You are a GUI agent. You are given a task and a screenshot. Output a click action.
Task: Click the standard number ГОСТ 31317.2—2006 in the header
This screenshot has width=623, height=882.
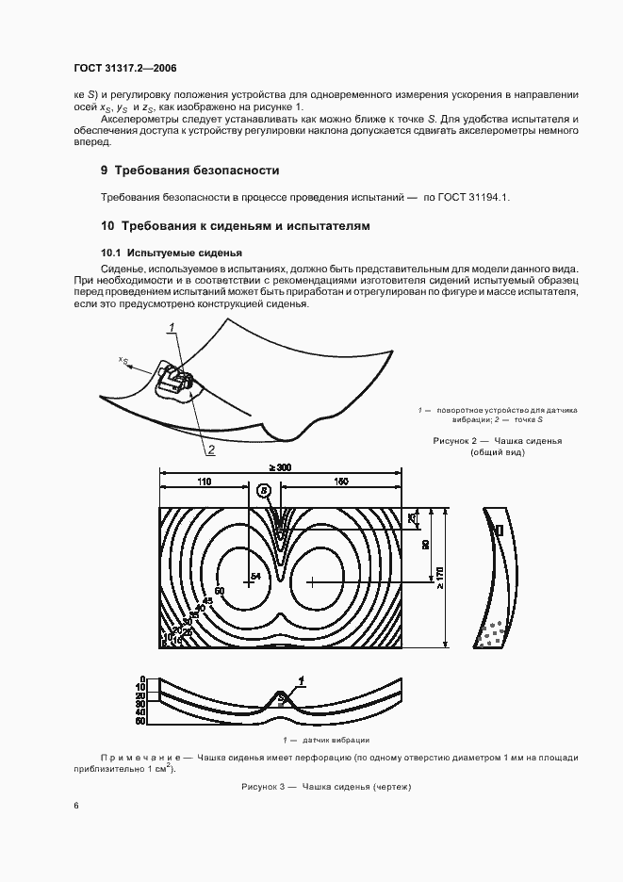point(124,68)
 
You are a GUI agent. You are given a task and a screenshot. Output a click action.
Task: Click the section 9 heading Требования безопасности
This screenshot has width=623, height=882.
point(189,171)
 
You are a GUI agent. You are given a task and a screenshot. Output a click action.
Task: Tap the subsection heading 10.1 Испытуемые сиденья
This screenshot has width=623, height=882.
point(172,253)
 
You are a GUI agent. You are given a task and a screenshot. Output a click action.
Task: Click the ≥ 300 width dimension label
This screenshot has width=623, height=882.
point(279,467)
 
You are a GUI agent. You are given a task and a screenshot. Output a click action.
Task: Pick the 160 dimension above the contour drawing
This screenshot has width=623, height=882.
point(340,481)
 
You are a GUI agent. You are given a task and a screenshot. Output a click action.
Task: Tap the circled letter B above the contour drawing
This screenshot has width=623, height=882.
point(265,491)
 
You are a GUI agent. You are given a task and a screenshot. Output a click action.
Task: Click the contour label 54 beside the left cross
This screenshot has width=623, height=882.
point(255,575)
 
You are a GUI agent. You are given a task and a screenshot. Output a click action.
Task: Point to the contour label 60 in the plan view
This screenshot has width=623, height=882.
point(220,591)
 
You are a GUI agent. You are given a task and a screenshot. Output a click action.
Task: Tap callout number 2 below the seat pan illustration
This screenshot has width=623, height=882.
point(211,449)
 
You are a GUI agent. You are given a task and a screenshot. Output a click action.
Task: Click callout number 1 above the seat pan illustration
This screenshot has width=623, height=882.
point(172,327)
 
